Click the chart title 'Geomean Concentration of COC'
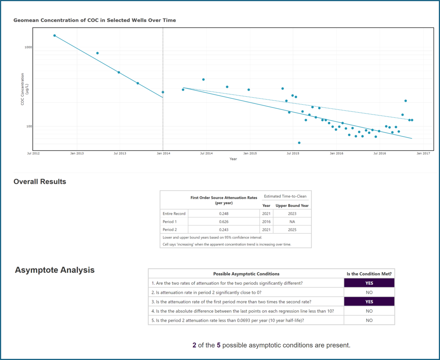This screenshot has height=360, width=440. (95, 20)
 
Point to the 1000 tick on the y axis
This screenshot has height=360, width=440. (28, 47)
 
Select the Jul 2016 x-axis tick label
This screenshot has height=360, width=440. (379, 153)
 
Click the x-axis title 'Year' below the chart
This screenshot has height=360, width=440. (233, 159)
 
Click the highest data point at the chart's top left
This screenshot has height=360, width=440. (54, 36)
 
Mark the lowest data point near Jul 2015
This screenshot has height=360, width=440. (299, 143)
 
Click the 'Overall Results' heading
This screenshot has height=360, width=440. (40, 182)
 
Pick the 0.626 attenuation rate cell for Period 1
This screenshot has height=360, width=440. (224, 221)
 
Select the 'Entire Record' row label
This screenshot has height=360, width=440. (174, 213)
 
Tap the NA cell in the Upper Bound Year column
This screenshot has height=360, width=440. (292, 221)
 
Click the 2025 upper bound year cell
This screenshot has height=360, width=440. (292, 229)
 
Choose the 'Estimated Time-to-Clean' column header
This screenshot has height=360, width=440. (285, 196)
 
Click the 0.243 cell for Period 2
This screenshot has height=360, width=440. (224, 229)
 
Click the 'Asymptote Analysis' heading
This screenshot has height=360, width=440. (54, 270)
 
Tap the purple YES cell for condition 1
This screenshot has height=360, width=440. (369, 283)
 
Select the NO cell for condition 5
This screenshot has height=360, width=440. (369, 320)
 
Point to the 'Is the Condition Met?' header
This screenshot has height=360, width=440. (369, 274)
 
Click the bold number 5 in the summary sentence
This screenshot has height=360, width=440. (219, 345)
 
